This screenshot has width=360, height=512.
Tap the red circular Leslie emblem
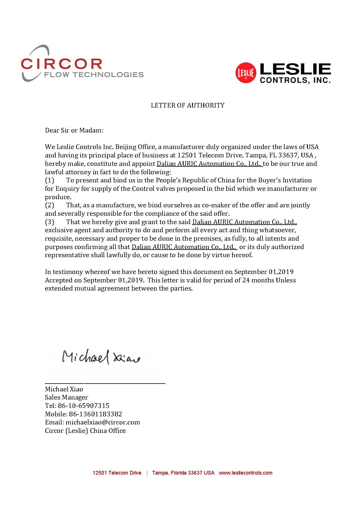click(245, 73)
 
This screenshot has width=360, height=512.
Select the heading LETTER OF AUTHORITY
click(187, 105)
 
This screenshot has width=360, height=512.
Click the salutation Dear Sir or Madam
click(74, 130)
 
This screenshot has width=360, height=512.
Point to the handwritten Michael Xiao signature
click(101, 357)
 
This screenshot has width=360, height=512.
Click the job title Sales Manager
click(66, 397)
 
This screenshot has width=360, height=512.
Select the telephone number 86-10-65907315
click(84, 406)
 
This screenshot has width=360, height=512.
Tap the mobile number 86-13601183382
click(95, 414)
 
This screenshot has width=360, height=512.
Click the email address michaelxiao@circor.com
click(103, 422)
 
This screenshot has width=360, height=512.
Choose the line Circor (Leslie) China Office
click(85, 431)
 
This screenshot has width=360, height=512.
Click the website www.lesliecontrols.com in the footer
click(245, 473)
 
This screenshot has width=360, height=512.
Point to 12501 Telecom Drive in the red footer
click(117, 473)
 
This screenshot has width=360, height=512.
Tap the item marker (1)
click(50, 180)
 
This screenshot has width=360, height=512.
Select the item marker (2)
click(50, 205)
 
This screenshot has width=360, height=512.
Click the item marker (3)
click(50, 222)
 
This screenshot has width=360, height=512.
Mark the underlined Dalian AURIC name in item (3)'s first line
click(245, 222)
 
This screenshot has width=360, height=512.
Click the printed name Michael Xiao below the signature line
click(64, 389)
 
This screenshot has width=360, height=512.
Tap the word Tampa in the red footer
click(160, 473)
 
